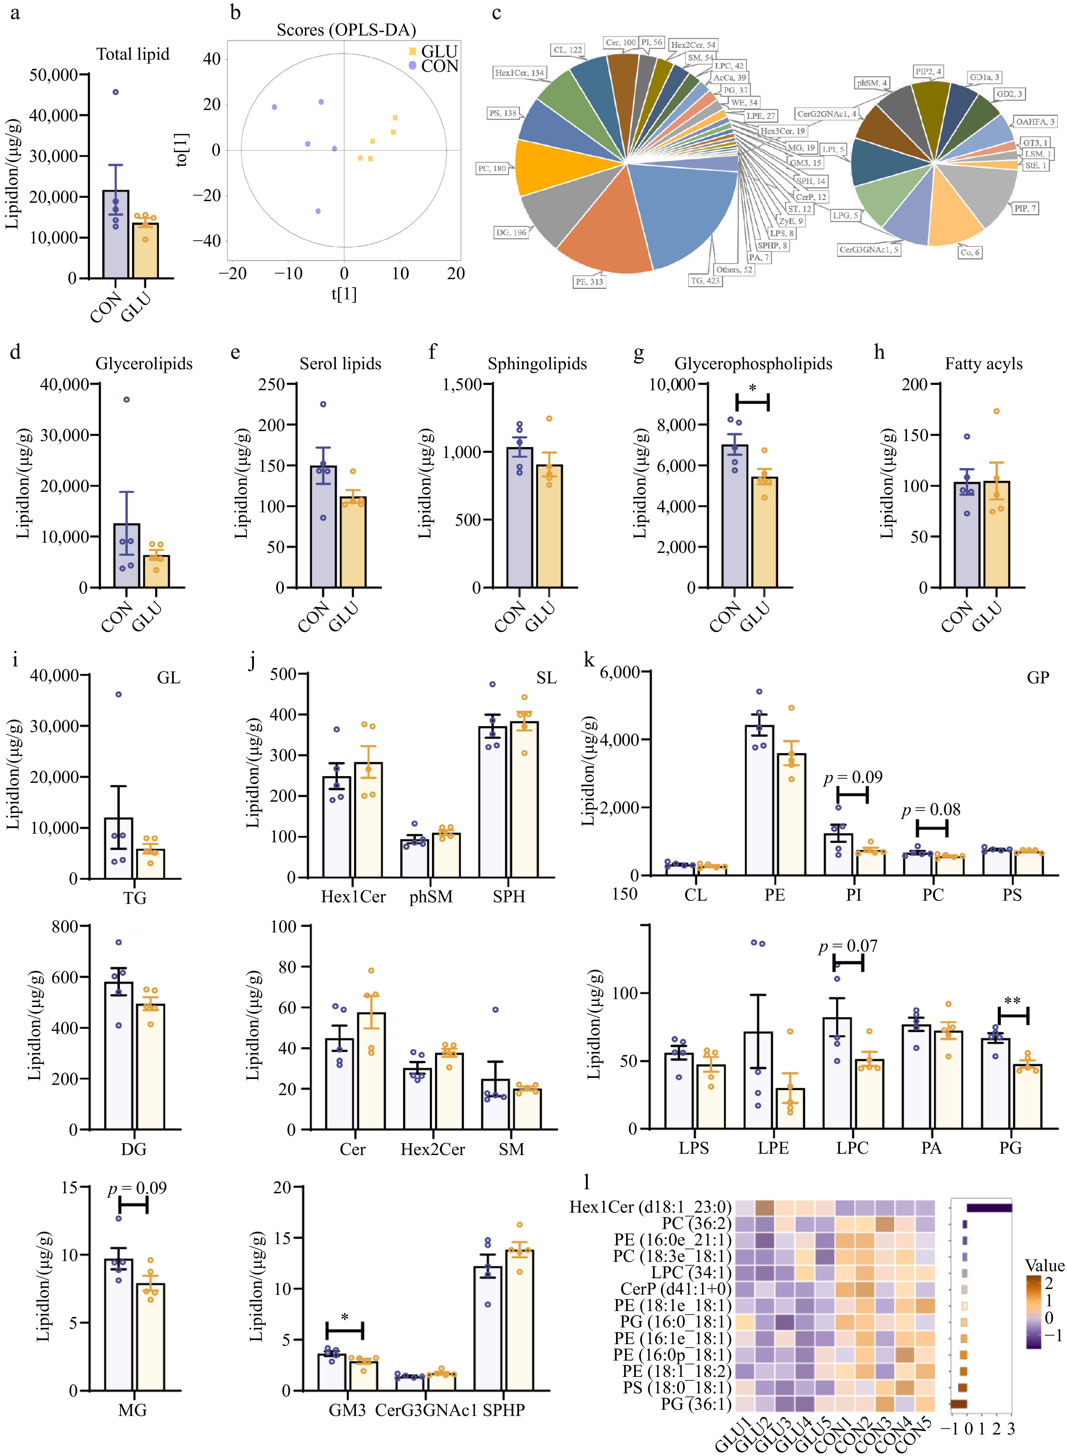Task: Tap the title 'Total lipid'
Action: (133, 54)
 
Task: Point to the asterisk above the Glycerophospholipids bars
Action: (752, 388)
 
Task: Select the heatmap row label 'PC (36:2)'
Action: (696, 1223)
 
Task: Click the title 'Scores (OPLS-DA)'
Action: (346, 30)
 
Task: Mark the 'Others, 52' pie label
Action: (734, 269)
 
